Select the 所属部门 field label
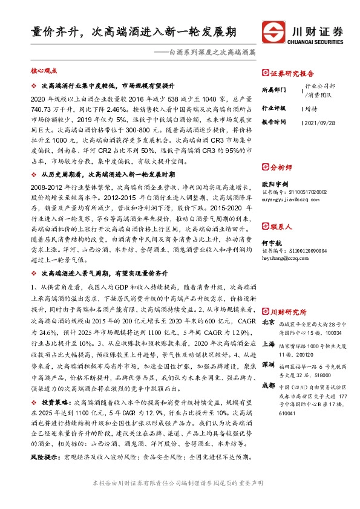(x=272, y=90)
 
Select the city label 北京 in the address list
(x=268, y=323)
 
